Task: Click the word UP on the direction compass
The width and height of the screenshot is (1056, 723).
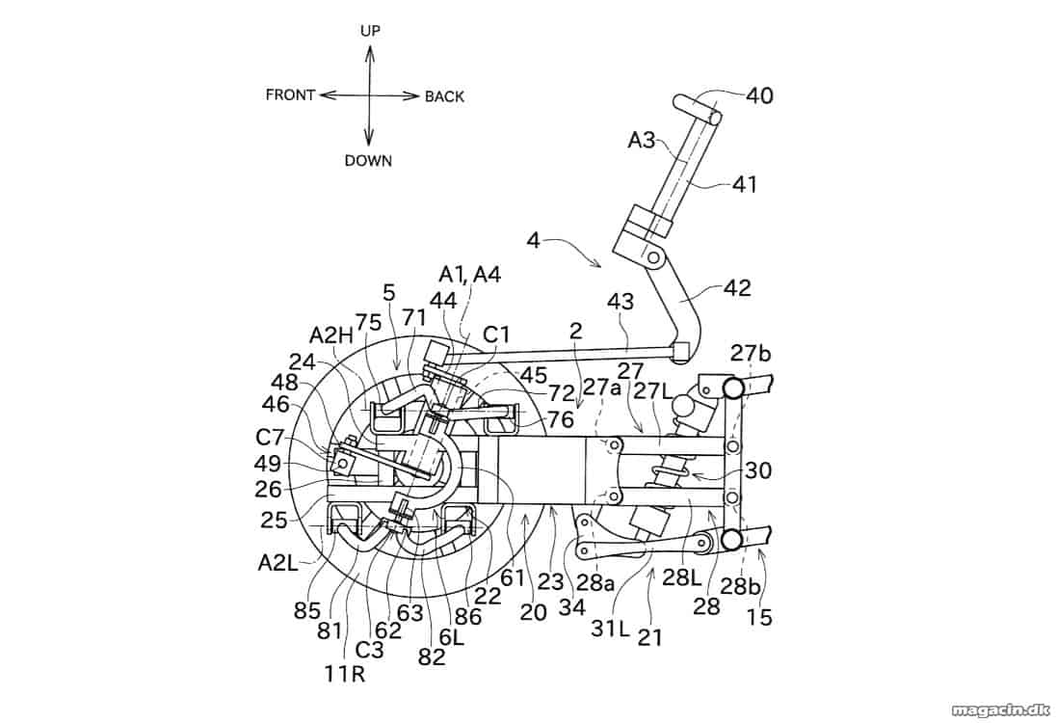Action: pos(370,30)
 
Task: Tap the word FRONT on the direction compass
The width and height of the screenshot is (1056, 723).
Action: pos(290,95)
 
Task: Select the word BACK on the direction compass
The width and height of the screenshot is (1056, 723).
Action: pos(444,97)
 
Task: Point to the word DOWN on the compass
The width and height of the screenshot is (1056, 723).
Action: pos(368,160)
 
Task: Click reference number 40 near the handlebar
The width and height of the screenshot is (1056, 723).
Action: pos(759,96)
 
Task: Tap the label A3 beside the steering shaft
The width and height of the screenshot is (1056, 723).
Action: pos(641,140)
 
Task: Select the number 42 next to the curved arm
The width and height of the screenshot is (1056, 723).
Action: pos(737,287)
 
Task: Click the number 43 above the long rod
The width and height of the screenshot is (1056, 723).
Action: pos(620,301)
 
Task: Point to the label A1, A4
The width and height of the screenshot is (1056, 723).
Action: pos(470,274)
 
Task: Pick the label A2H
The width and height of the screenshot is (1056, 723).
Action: pos(331,335)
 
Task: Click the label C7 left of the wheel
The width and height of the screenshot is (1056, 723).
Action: pos(271,438)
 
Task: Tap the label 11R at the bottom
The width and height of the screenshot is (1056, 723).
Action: pos(345,674)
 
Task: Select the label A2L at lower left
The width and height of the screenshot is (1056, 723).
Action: pos(277,562)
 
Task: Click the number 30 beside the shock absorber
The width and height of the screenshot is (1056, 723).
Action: pos(758,470)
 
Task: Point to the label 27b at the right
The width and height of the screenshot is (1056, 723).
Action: pos(751,354)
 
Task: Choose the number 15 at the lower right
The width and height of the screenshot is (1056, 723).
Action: pos(759,617)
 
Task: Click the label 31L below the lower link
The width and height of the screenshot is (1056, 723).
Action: pos(610,628)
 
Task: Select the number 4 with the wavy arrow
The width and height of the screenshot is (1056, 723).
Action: pos(534,241)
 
